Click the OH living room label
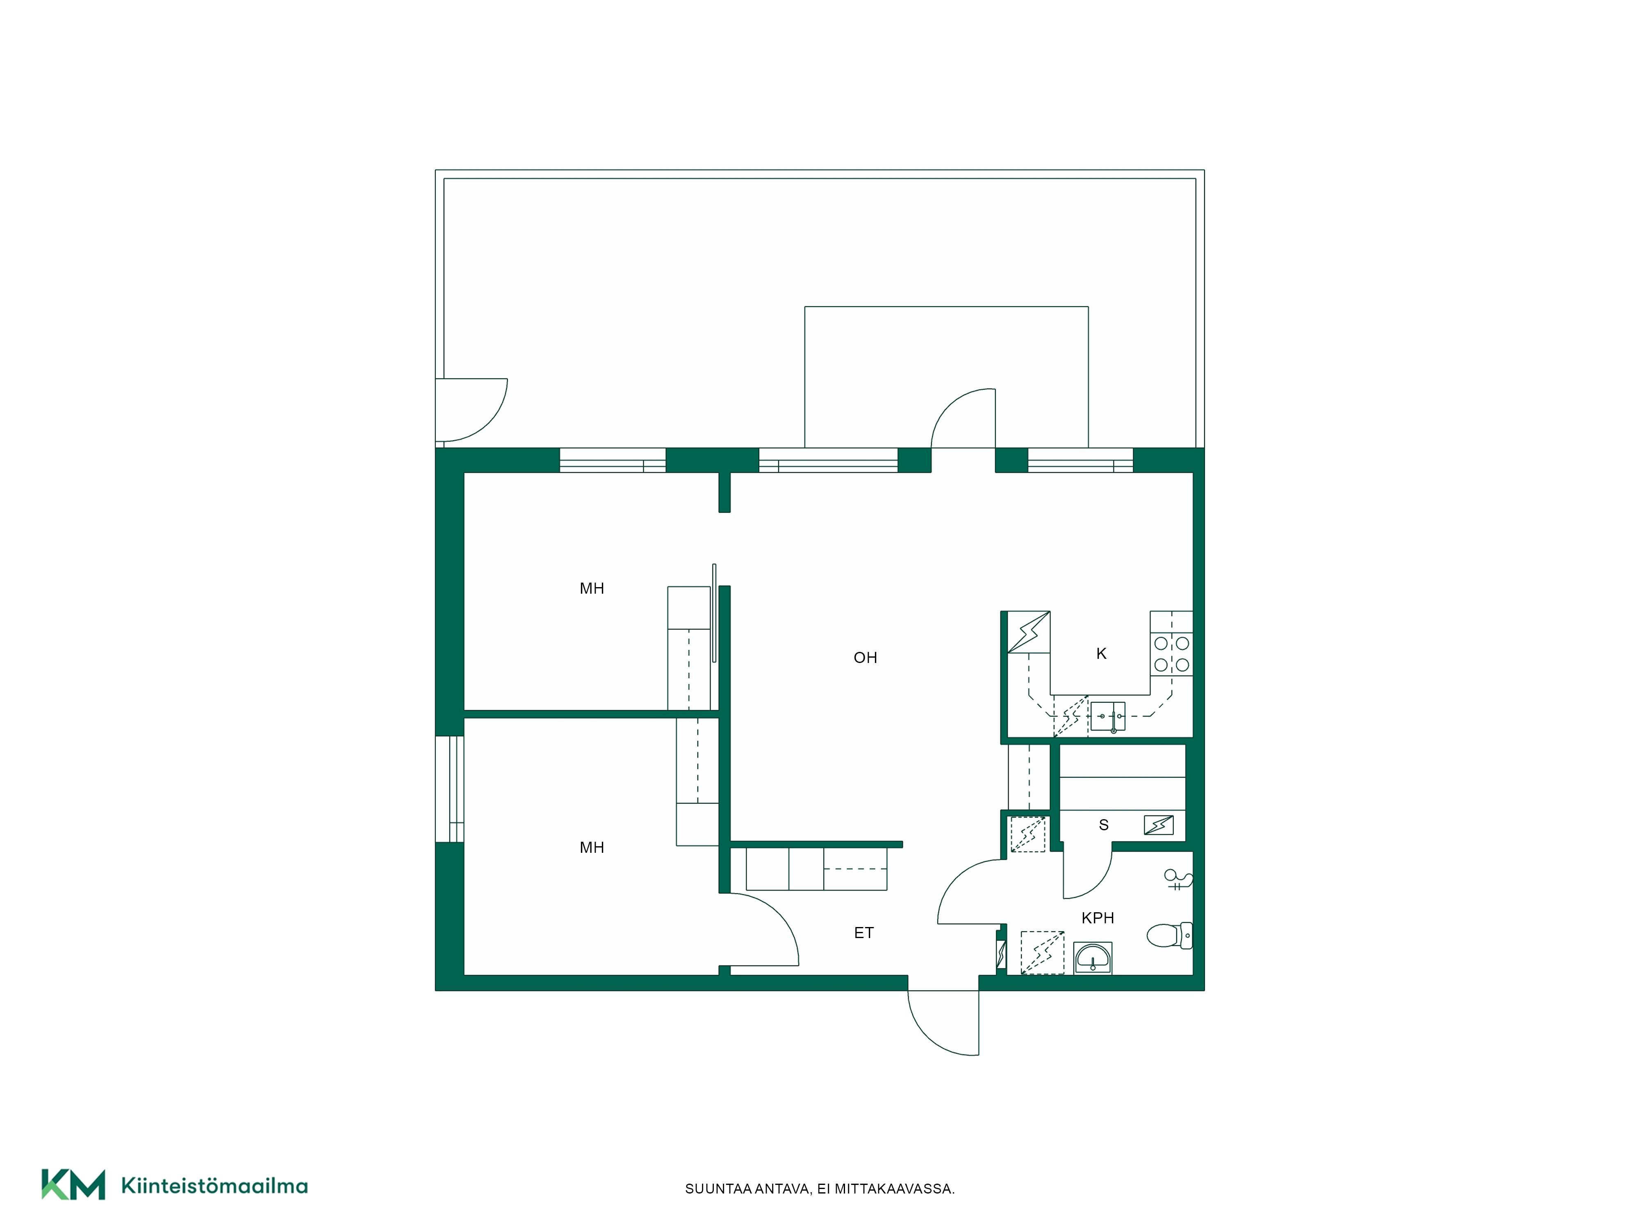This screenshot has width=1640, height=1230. (x=865, y=658)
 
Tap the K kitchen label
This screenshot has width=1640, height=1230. (x=1101, y=653)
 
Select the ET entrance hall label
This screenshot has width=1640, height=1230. (x=864, y=933)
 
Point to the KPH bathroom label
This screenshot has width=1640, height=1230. (x=1097, y=918)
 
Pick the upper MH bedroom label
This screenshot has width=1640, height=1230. (x=592, y=589)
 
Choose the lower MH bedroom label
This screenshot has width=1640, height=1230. (x=592, y=847)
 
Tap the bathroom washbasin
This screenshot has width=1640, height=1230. (x=1093, y=958)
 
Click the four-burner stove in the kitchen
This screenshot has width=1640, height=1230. (x=1171, y=654)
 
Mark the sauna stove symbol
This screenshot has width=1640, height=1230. (x=1158, y=825)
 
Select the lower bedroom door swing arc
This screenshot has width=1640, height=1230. (x=779, y=913)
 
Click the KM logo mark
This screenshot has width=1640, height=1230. (x=73, y=1185)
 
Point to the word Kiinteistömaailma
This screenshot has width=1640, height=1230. (x=214, y=1186)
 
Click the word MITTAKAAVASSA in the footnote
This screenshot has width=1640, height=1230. (x=894, y=1189)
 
